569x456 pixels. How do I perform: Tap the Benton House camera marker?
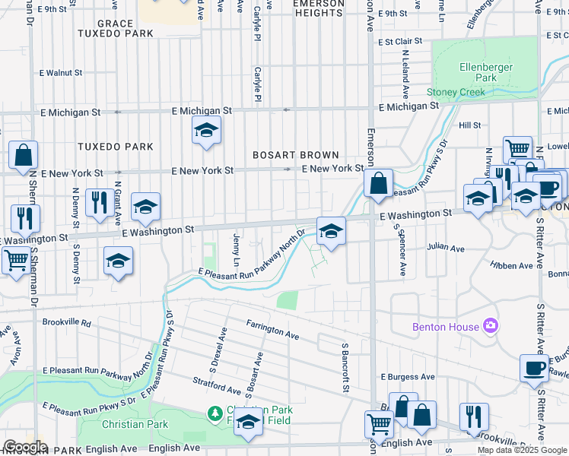point(491,326)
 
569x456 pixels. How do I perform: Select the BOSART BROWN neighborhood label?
point(296,155)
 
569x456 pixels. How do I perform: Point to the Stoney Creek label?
point(456,92)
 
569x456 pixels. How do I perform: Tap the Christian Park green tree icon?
point(215,413)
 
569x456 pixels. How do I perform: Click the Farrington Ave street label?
point(272,328)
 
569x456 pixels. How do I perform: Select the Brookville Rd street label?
point(66,322)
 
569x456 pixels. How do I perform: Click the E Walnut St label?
point(60,73)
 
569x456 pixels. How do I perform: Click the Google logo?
point(24,447)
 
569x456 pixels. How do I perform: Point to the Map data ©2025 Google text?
point(520,450)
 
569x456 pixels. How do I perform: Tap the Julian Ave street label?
point(445,248)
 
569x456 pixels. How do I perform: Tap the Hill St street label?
point(469,125)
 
